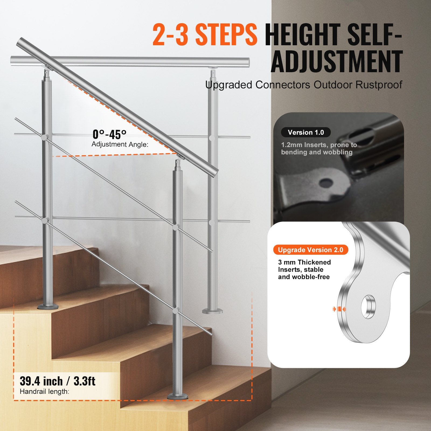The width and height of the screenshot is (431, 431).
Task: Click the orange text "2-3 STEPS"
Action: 205,35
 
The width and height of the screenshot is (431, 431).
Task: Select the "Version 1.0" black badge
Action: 306,133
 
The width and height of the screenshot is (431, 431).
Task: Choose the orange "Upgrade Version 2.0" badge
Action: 311,250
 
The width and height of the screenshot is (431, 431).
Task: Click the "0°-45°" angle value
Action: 109,134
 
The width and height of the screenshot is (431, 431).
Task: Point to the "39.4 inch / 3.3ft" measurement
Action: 57,381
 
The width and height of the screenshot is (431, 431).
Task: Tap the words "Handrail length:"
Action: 44,391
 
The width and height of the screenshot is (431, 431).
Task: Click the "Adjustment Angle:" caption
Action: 120,144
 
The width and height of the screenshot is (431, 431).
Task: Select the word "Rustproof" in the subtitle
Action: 379,85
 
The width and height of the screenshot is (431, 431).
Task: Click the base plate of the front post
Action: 178,396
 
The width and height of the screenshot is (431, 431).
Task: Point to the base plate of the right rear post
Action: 213,311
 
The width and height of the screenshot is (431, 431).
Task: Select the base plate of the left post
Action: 48,306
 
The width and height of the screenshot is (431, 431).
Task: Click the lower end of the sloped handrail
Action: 213,172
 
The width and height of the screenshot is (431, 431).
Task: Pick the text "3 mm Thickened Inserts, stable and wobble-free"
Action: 304,269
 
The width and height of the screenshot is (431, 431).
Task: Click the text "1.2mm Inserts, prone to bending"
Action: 319,148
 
